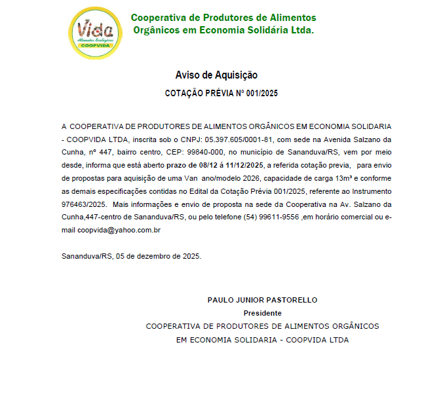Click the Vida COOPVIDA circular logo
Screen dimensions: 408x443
[x=96, y=32]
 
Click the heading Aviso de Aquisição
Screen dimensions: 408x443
[x=216, y=75]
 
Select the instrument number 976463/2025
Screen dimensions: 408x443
[x=85, y=204]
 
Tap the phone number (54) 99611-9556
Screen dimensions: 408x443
[x=271, y=217]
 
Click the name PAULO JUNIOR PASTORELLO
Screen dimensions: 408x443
[x=262, y=300]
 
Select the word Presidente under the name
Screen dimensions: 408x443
[x=262, y=313]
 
